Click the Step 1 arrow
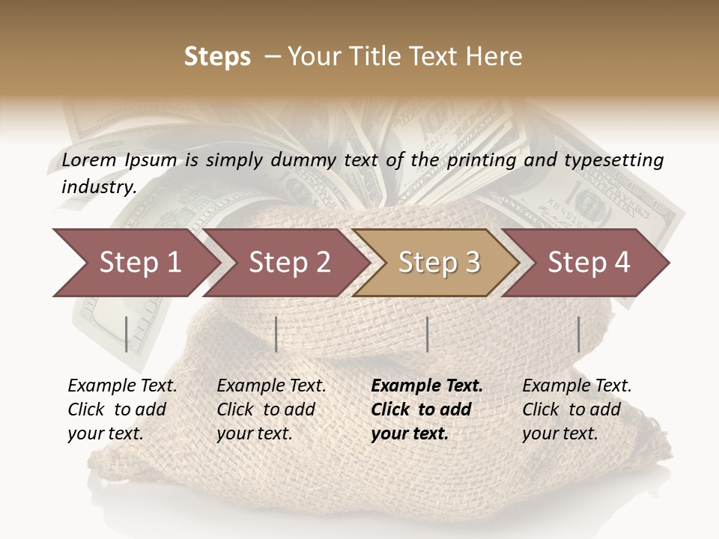pos(139,263)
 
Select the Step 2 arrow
pos(289,263)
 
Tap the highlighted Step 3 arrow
pos(439,263)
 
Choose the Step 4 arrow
pos(589,263)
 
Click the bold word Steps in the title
pos(217,57)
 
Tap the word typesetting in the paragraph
pos(613,159)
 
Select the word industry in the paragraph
pos(98,186)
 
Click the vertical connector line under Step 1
pos(127,334)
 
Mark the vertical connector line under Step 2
pos(276,334)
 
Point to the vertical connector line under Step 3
pos(427,334)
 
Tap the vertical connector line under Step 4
pos(578,334)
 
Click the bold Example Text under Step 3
pos(427,386)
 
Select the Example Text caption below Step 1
pos(122,386)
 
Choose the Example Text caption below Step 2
pos(271,386)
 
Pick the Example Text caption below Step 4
pos(577,386)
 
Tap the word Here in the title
pos(497,57)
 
